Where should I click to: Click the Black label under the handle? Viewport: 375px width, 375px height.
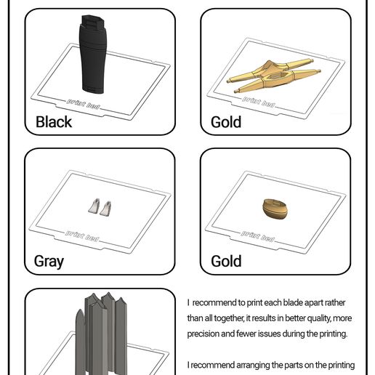click(x=54, y=121)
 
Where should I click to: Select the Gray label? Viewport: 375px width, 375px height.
click(x=49, y=261)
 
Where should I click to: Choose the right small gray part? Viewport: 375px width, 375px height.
click(x=108, y=209)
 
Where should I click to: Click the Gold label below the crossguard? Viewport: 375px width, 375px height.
click(x=226, y=121)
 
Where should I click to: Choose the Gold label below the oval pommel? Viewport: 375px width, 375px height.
click(x=226, y=261)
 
